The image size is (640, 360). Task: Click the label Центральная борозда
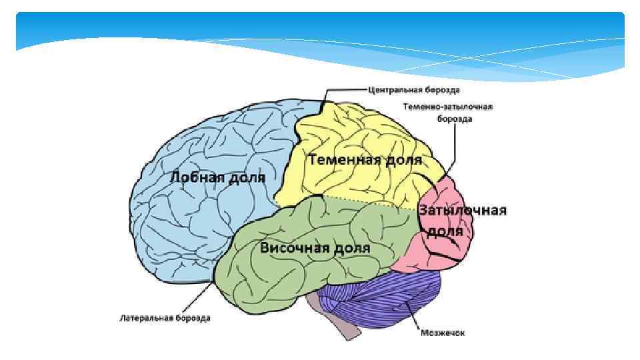pos(413,89)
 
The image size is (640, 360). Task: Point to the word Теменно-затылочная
pos(447,107)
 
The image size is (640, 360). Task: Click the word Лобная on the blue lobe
pos(194,177)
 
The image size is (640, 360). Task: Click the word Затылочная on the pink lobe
pos(463,211)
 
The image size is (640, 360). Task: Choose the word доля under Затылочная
pos(445,231)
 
